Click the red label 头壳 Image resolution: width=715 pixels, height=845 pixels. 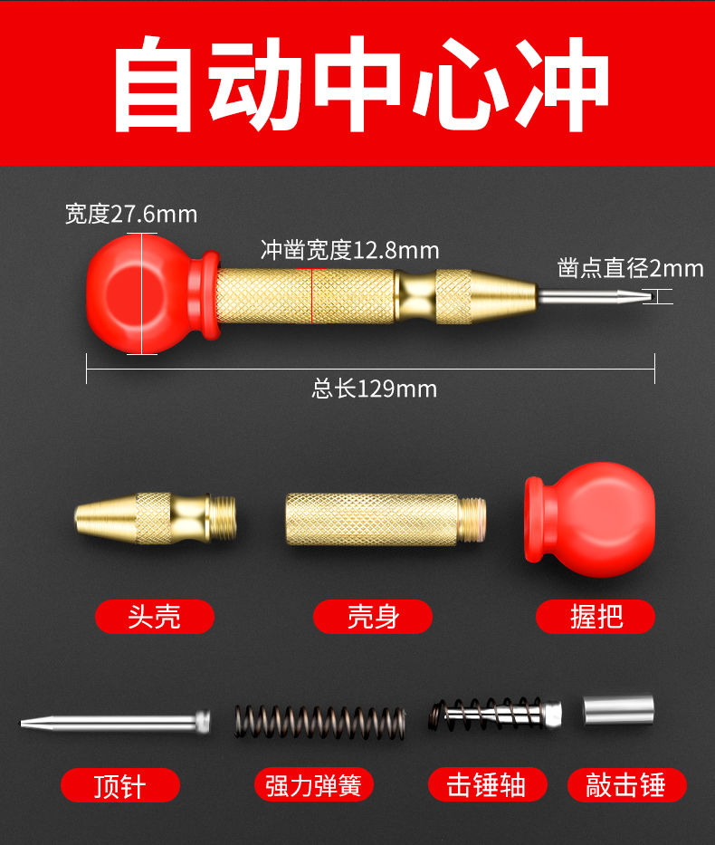155,617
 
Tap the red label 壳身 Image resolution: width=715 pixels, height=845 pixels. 373,617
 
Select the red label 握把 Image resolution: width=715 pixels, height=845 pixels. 596,617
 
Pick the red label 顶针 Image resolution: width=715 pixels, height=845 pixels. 120,785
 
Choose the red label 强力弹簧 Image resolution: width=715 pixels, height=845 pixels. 313,785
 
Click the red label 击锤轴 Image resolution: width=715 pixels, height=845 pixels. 488,784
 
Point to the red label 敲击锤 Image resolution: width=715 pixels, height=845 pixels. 626,784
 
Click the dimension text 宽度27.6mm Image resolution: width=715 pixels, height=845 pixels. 131,214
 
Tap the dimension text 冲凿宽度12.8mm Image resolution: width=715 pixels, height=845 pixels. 350,250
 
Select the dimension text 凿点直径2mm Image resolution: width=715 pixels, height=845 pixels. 631,268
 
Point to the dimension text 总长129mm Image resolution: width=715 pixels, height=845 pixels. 374,389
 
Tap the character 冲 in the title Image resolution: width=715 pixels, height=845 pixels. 563,84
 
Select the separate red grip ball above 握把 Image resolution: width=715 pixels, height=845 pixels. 590,520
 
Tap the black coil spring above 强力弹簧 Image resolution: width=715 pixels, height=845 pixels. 319,723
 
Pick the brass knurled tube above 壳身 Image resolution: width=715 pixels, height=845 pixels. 386,520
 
